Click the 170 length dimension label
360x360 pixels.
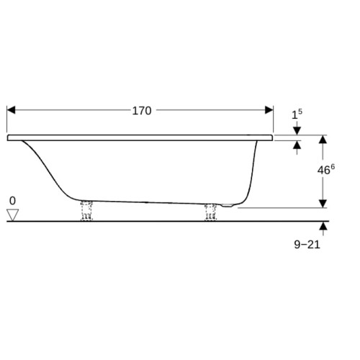click(142, 111)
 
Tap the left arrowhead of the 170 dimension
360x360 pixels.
click(11, 110)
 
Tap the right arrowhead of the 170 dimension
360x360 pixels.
click(269, 110)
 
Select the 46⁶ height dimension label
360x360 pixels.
click(326, 170)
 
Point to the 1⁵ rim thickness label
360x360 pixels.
click(297, 114)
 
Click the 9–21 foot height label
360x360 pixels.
click(307, 245)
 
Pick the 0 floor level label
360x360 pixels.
click(12, 201)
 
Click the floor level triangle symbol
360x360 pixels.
click(13, 215)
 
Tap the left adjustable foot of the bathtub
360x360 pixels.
click(86, 211)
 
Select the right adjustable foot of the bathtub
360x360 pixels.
click(210, 212)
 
